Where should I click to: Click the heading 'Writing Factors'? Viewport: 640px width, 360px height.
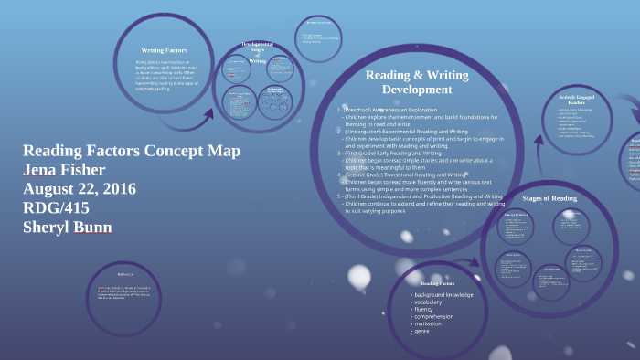[x=164, y=49]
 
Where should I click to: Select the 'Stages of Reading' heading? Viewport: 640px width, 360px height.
[x=549, y=198]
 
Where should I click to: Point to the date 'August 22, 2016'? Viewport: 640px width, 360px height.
[x=80, y=189]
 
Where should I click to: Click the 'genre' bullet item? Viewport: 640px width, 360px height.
[x=423, y=331]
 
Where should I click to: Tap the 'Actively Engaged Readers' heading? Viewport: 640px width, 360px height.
[x=578, y=100]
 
